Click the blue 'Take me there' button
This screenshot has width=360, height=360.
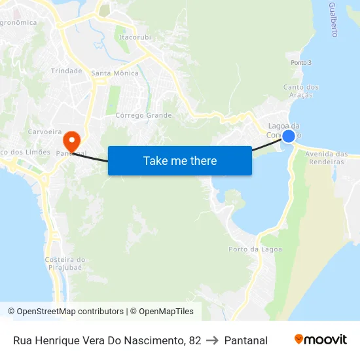coord(180,160)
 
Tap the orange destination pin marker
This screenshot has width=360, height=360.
coord(71,140)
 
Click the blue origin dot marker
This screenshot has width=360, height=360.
coord(288,136)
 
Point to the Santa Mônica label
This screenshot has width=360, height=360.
coord(115,73)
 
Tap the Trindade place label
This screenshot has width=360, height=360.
coord(67,71)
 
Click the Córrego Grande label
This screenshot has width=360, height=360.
coord(143,115)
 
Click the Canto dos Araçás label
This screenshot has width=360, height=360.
coord(301,91)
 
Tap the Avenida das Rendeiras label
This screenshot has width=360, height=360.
coord(327,158)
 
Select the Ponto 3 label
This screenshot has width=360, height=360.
coord(301,63)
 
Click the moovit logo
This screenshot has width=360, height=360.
coord(321,340)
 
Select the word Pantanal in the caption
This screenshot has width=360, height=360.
coord(246,340)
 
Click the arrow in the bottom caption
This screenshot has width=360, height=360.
coord(213,340)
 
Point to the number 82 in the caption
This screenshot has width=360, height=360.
coord(194,340)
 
